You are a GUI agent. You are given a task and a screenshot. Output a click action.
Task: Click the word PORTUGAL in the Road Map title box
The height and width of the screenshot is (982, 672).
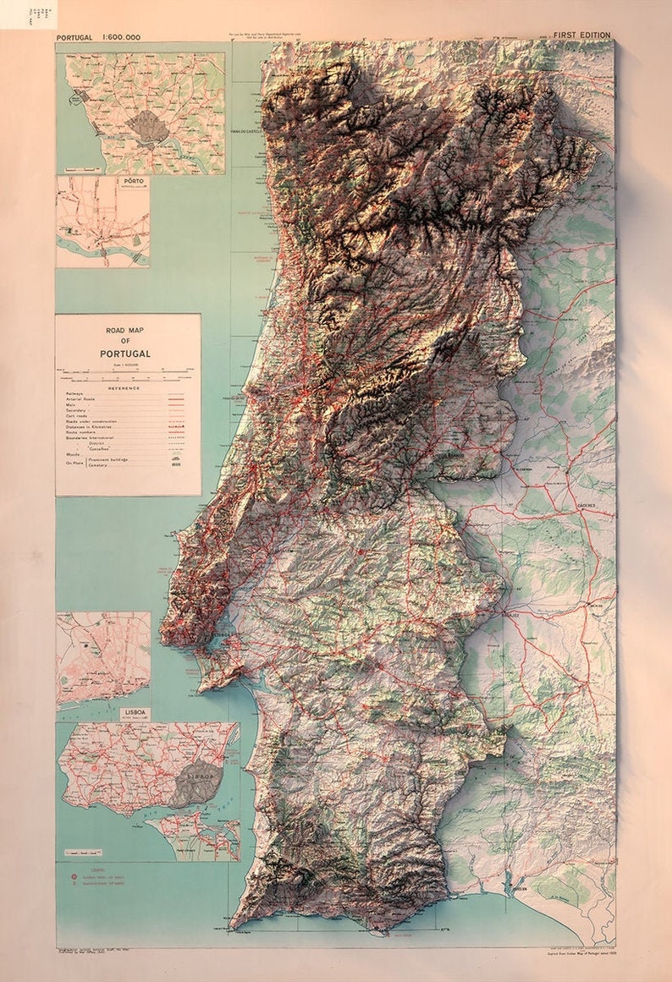125,353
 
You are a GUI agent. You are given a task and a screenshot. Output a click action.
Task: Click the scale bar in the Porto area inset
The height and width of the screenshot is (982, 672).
85,170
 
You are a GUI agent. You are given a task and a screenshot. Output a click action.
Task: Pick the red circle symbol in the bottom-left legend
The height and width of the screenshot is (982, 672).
74,877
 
